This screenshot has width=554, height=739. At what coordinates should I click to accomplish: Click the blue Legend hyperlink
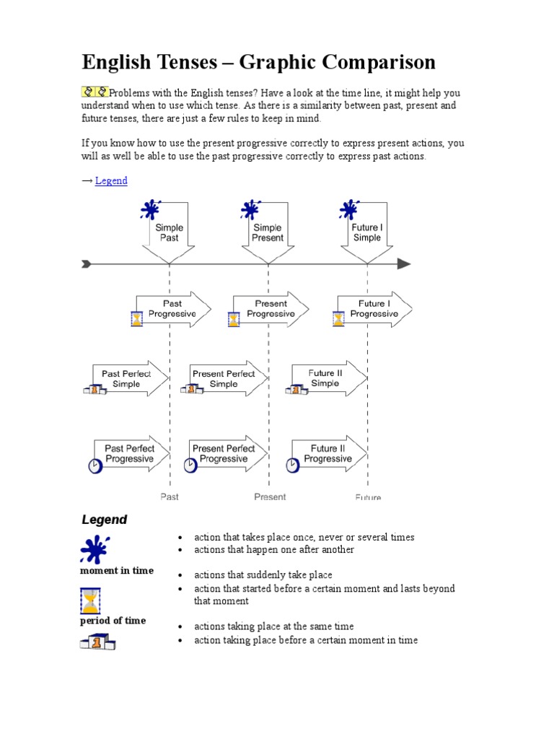(x=111, y=180)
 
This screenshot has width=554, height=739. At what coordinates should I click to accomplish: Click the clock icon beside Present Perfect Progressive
(x=190, y=466)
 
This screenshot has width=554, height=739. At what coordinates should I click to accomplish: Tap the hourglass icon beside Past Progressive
(x=136, y=318)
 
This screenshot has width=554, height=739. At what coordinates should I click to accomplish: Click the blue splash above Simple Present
(x=250, y=211)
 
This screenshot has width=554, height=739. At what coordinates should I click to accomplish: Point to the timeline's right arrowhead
(x=404, y=264)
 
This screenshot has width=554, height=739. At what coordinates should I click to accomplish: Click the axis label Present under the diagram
(x=270, y=497)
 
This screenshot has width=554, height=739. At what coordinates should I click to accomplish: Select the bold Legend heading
(x=104, y=520)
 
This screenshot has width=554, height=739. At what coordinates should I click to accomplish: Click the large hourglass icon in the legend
(x=90, y=600)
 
